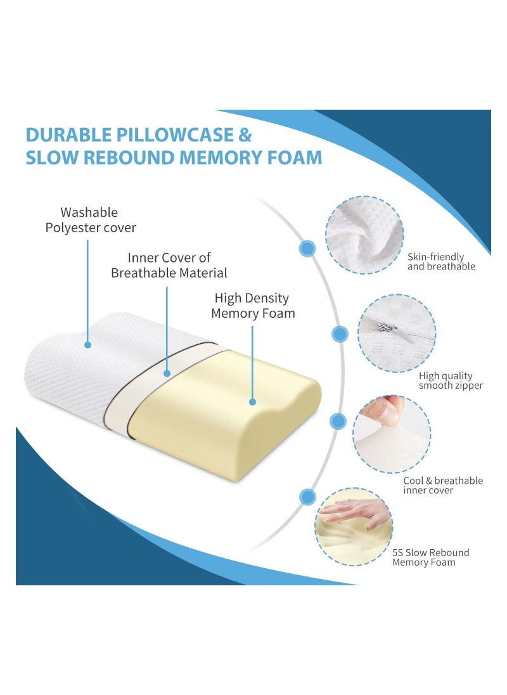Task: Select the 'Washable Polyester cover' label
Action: click(x=90, y=219)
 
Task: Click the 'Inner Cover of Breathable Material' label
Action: click(x=169, y=266)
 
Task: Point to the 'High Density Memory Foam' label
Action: click(x=253, y=305)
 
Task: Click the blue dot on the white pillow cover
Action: click(x=88, y=345)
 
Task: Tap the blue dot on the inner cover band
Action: click(x=167, y=374)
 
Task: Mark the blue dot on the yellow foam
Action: click(x=252, y=401)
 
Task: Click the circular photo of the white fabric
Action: click(x=364, y=235)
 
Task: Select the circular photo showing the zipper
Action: click(x=397, y=333)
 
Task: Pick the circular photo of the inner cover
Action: click(x=392, y=434)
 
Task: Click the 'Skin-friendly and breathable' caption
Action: click(x=440, y=262)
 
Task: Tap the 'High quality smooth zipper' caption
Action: click(x=451, y=380)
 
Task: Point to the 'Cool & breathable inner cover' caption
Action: click(x=443, y=485)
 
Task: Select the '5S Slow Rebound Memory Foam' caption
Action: click(x=430, y=557)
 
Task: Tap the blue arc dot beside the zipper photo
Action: click(x=340, y=334)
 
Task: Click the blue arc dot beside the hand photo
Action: click(x=308, y=497)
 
